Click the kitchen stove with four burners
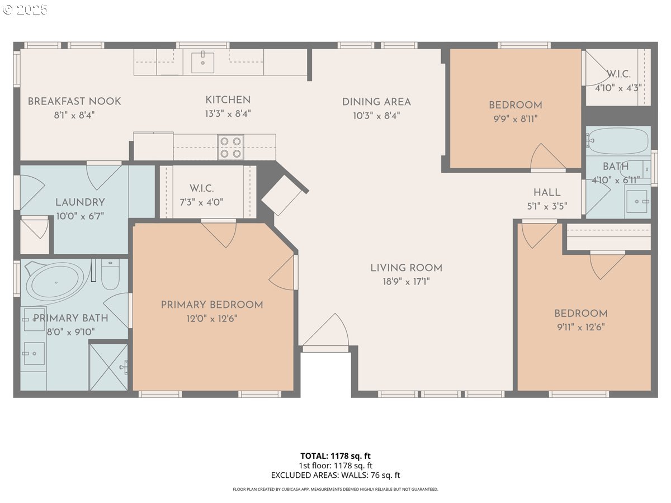(x=230, y=147)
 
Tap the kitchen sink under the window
(x=202, y=63)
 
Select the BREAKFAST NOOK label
(x=74, y=101)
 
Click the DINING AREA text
(x=376, y=102)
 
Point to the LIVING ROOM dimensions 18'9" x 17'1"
(x=407, y=282)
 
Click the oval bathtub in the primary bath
(x=55, y=282)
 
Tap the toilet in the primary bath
(x=110, y=274)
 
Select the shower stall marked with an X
(x=108, y=367)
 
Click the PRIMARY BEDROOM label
(x=212, y=305)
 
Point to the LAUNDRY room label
(x=80, y=202)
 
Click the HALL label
(x=547, y=193)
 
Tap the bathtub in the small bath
(x=618, y=141)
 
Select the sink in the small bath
(x=637, y=201)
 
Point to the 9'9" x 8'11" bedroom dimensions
(x=516, y=119)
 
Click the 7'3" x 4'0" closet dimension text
(x=201, y=202)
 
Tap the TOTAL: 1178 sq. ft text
(x=335, y=456)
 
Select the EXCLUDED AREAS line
(x=335, y=475)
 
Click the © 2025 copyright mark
(x=25, y=10)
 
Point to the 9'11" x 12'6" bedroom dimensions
(x=581, y=328)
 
